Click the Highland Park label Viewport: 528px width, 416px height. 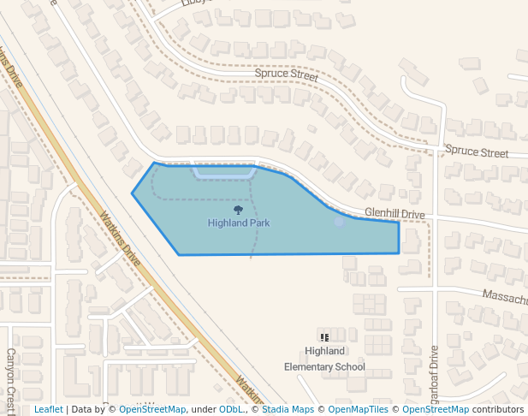(x=239, y=223)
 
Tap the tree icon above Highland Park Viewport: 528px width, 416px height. (x=239, y=210)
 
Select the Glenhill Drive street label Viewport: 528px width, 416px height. (x=395, y=213)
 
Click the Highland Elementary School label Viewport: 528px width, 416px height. (x=324, y=359)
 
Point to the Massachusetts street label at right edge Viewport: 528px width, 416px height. (x=505, y=297)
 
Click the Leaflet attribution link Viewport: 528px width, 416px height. (x=48, y=410)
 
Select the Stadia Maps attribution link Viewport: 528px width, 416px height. (x=287, y=410)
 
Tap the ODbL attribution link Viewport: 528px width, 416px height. (x=231, y=410)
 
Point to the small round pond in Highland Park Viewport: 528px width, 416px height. (x=340, y=223)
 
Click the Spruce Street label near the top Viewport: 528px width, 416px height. (x=286, y=75)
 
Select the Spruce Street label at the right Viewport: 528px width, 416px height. (x=477, y=152)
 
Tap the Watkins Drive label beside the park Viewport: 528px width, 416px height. (x=120, y=238)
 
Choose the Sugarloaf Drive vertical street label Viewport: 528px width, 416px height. (x=434, y=377)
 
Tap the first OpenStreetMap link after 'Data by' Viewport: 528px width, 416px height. (x=152, y=410)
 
